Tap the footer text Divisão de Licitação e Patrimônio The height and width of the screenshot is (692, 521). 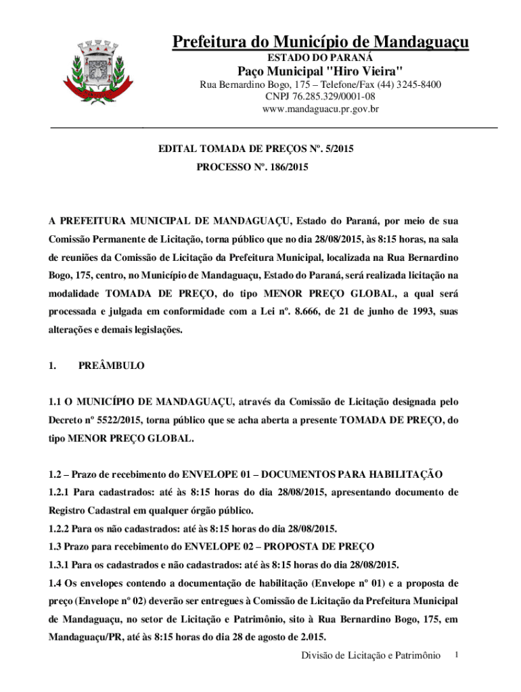(x=371, y=656)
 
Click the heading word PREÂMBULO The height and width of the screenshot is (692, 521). (x=112, y=366)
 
